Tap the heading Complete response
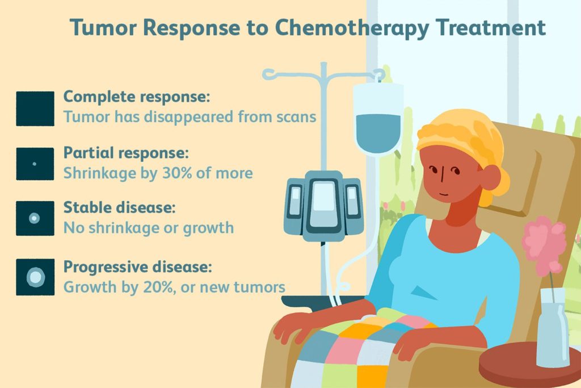coord(137,97)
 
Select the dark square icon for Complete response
coord(35,109)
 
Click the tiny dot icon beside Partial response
coord(35,164)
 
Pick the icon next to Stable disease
coord(35,218)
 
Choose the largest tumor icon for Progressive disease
coord(36,277)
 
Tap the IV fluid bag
coord(378,118)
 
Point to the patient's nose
coord(441,176)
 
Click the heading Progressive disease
coord(137,267)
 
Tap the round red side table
coord(530,365)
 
